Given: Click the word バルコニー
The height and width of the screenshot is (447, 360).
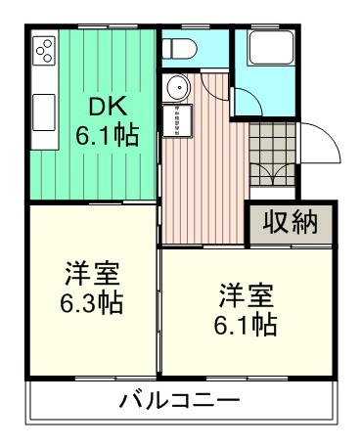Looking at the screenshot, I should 179,401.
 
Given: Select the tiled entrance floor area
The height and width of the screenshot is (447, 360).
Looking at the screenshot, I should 271,156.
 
